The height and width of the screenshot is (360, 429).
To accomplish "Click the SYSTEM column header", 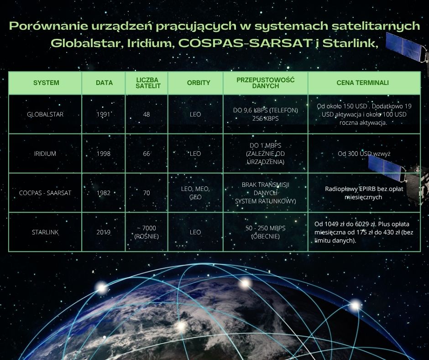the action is [x=46, y=83].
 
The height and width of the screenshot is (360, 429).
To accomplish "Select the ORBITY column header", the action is [x=199, y=83].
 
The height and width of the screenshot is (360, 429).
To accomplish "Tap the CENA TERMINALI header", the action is [x=362, y=83].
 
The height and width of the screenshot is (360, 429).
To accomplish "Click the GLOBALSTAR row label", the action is [x=45, y=114].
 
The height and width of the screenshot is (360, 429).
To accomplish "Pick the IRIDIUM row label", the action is [x=45, y=154].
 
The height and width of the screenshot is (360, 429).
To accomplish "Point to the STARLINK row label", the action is [x=45, y=232].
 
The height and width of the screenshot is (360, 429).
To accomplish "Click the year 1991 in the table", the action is [x=104, y=114].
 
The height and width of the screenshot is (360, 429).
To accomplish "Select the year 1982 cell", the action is [x=104, y=193].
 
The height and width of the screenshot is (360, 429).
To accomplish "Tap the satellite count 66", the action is [x=146, y=154].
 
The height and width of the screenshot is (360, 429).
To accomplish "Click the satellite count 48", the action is [x=146, y=114].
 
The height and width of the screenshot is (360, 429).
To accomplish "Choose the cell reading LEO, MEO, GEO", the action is [x=195, y=193].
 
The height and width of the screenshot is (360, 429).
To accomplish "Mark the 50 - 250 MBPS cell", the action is [x=266, y=232].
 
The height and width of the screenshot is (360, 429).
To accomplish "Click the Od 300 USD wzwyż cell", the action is [x=364, y=154].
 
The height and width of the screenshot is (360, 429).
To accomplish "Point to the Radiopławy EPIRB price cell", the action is [x=364, y=193].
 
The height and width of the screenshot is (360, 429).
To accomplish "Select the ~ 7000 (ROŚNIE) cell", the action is [x=146, y=232].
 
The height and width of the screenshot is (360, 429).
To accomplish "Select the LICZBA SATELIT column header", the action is [x=148, y=83].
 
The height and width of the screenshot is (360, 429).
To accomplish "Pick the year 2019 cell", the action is [x=104, y=232].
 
